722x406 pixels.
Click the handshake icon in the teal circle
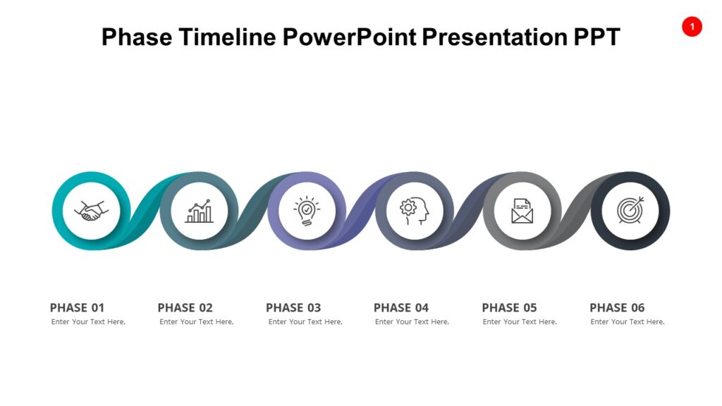pos(91,211)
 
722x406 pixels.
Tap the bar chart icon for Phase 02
pos(199,211)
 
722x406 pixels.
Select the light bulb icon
pos(307,211)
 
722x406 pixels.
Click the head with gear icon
pos(415,211)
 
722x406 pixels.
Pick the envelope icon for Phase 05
pos(522,211)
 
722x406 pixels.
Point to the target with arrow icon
pos(630,211)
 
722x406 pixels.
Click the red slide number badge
pos(692,27)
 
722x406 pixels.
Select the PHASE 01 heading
pos(77,307)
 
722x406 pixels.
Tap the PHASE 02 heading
pos(185,307)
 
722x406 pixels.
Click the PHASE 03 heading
pos(293,307)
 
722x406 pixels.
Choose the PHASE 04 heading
pos(401,307)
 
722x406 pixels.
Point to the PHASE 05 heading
pos(509,307)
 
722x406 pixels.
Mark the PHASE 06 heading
pos(617,307)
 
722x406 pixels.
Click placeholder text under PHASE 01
pos(88,322)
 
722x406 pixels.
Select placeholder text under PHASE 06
pos(628,322)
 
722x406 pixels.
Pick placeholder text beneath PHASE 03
pos(305,322)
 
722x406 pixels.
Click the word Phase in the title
pos(135,37)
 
